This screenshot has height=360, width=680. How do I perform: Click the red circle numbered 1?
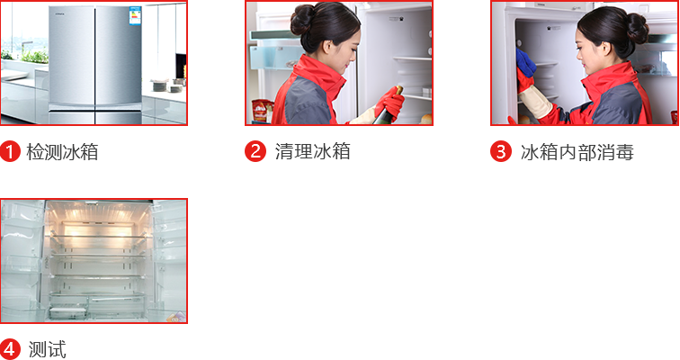[x=11, y=152]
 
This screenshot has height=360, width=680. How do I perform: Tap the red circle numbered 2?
[x=255, y=151]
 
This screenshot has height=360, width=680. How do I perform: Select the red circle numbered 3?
[x=501, y=152]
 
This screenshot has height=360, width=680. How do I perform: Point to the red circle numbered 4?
[x=11, y=349]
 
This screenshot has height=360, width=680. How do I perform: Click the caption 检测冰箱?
[x=62, y=152]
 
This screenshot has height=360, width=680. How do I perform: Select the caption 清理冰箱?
[x=313, y=152]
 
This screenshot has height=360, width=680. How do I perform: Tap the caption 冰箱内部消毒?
[x=577, y=152]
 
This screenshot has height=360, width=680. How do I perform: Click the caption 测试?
[x=48, y=349]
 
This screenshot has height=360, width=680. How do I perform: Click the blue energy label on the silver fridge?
[x=135, y=15]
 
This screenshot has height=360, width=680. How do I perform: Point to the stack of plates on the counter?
[x=160, y=85]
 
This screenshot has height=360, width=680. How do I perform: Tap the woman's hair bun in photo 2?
[x=302, y=20]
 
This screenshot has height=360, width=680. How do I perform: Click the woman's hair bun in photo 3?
[x=638, y=28]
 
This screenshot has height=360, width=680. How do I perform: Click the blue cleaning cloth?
[x=525, y=63]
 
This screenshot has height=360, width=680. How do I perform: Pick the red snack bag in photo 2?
[x=261, y=111]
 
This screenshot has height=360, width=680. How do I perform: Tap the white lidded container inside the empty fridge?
[x=68, y=312]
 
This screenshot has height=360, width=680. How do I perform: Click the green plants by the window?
[x=26, y=56]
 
